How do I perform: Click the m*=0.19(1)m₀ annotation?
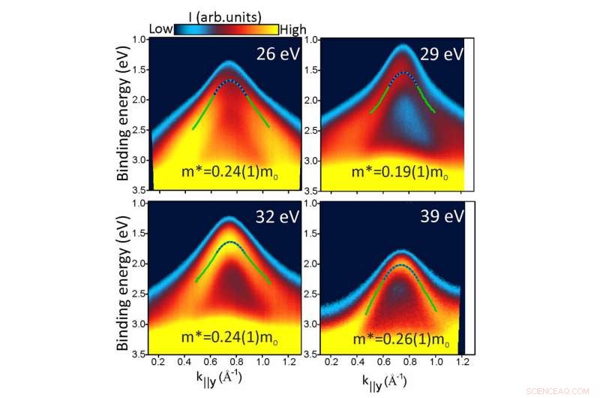point(400,172)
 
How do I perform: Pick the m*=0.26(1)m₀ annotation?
point(400,339)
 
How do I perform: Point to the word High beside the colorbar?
point(293,29)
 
